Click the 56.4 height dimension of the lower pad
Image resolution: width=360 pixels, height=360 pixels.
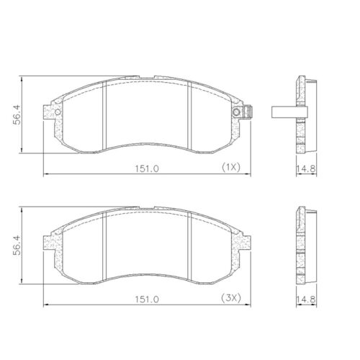tap(15, 245)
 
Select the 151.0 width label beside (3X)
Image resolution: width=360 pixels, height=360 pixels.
tap(148, 299)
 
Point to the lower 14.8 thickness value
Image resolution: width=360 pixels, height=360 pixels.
tap(307, 299)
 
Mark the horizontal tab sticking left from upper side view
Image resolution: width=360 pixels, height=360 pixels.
tap(282, 112)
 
